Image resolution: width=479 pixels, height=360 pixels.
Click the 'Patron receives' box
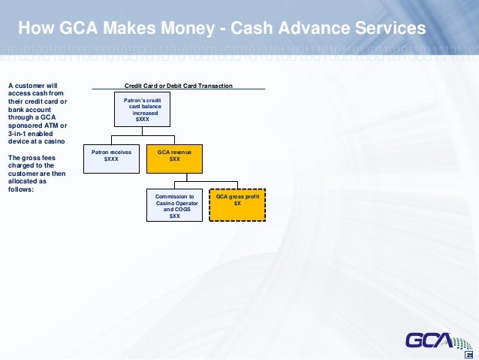pos(112,156)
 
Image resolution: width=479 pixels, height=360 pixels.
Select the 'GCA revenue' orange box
pos(174,156)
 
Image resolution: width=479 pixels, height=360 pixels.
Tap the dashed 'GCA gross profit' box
pos(237,204)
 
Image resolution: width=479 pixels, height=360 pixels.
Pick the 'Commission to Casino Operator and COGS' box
pos(174,204)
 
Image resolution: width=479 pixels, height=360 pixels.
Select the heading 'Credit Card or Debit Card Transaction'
pos(178,86)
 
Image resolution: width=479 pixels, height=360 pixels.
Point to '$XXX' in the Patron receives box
pos(111,159)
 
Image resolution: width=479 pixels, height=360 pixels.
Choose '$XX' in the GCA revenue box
pos(174,159)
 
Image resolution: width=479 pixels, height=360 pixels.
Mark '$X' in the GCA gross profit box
pos(237,204)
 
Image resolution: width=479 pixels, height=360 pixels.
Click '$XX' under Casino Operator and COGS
pos(174,216)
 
